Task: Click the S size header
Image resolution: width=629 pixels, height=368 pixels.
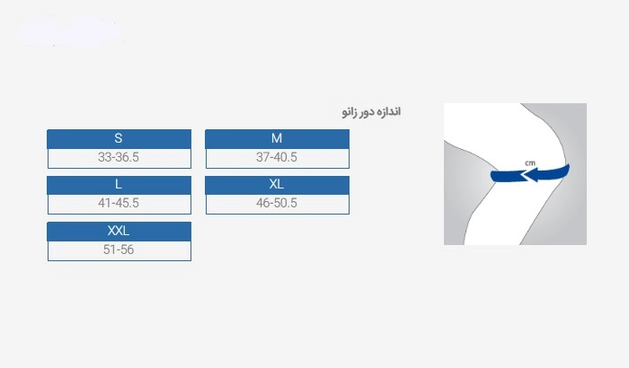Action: [x=120, y=139]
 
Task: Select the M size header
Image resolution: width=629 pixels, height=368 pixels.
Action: [x=277, y=139]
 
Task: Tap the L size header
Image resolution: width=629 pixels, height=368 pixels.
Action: [x=120, y=185]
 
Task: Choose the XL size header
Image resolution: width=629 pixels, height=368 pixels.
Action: [x=277, y=185]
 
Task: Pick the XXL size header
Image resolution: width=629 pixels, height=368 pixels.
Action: [x=120, y=232]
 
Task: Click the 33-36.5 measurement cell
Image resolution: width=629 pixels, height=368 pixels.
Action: [x=120, y=158]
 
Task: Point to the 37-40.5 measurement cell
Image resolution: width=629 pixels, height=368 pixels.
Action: [x=277, y=158]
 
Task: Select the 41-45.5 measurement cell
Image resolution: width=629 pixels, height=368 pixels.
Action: [x=120, y=204]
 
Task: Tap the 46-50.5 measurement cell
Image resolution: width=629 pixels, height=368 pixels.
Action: [x=277, y=204]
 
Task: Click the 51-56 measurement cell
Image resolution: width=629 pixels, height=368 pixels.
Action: [x=120, y=250]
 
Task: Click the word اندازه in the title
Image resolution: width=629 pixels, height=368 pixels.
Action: [x=388, y=111]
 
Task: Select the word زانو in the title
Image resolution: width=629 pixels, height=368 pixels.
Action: [x=349, y=112]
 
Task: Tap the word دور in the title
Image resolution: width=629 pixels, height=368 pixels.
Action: [x=366, y=112]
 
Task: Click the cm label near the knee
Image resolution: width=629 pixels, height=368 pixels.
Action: [x=530, y=162]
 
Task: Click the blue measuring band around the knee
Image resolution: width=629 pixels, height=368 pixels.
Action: [x=530, y=174]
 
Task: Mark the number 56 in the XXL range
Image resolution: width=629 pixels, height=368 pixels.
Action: [x=127, y=250]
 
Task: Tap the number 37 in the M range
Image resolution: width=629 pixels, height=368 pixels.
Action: [x=262, y=157]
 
